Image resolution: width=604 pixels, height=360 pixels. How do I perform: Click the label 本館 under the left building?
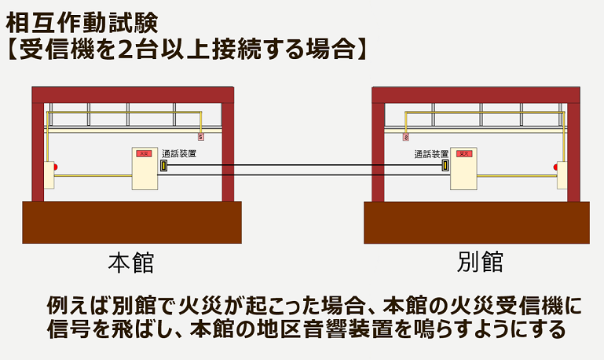point(131,262)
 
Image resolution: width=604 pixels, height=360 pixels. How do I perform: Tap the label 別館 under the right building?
point(479,262)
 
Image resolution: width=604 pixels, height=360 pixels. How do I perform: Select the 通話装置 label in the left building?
point(178,154)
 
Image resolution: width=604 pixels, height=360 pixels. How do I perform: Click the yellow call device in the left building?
point(164,166)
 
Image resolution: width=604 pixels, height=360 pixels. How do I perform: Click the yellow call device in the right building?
point(445,166)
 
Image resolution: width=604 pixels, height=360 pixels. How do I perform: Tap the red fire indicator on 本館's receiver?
point(144,153)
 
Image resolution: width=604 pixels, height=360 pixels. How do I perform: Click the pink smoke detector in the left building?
point(201,137)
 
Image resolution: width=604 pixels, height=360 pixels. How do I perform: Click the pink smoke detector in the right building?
point(405,137)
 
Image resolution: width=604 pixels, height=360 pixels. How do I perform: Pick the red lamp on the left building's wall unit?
point(55,167)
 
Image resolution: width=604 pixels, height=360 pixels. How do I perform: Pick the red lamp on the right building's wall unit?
point(555,167)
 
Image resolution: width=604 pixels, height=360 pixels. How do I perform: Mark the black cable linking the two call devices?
point(305,166)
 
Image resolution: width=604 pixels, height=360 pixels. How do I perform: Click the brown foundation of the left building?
point(131,222)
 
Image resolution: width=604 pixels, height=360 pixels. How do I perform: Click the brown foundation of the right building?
point(477,222)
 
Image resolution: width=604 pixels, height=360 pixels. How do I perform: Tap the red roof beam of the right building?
point(475,95)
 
